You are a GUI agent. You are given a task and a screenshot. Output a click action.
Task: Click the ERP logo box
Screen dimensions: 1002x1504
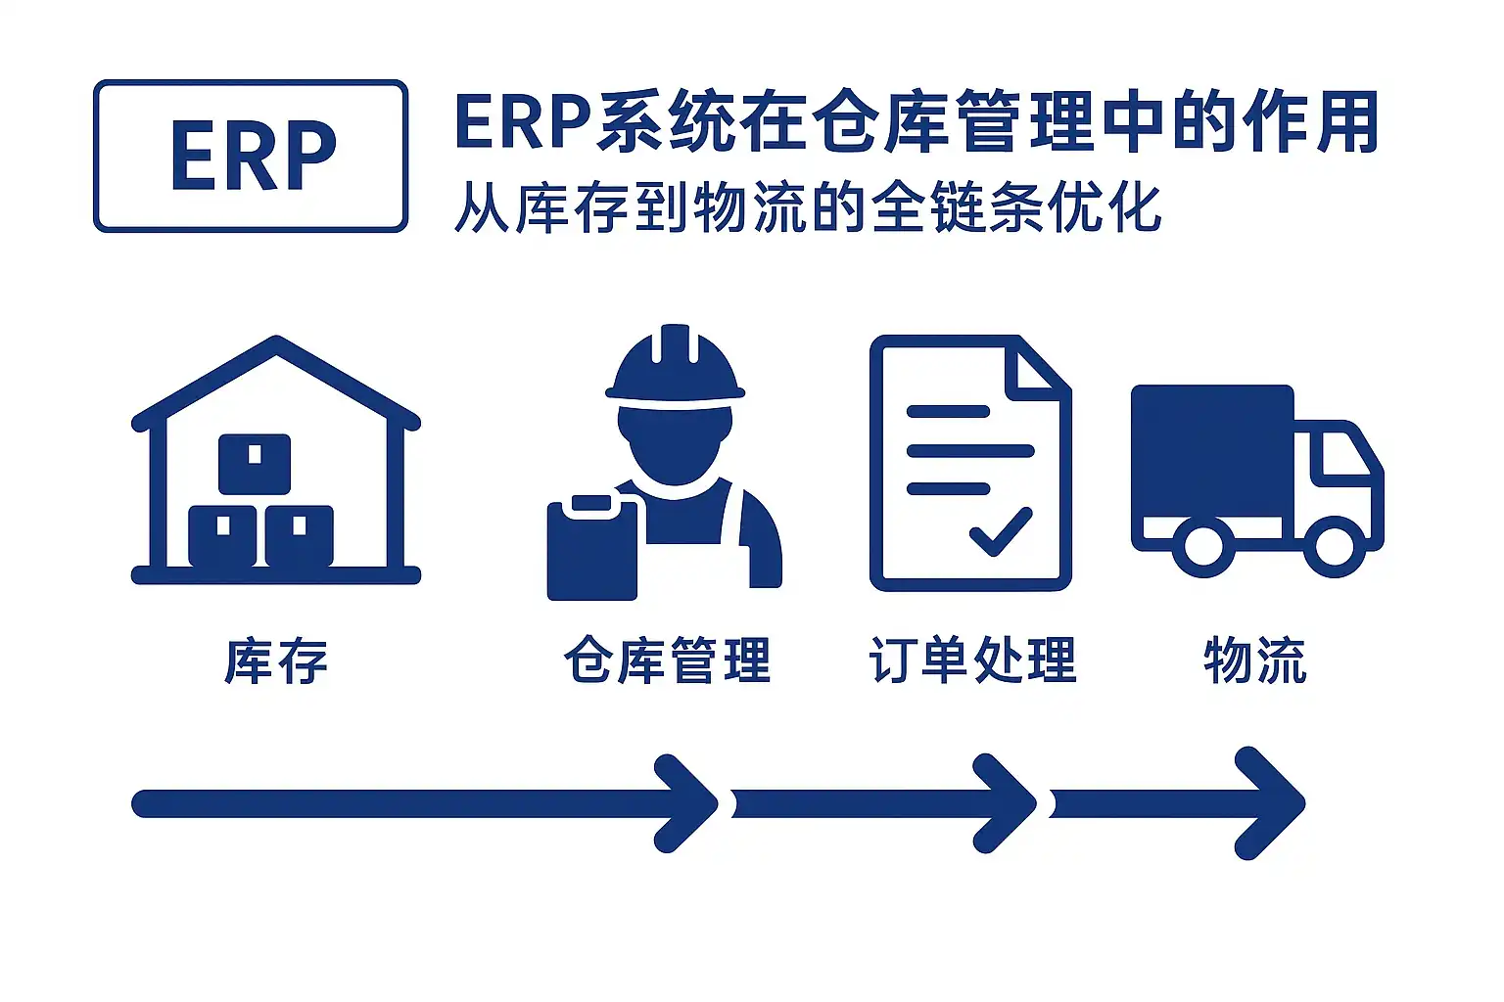tap(251, 157)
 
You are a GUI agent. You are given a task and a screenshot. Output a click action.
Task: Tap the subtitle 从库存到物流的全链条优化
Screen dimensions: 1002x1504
tap(807, 207)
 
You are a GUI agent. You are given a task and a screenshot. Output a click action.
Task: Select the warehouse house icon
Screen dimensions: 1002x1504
tap(276, 460)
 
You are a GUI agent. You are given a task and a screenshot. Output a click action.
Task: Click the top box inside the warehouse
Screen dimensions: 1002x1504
tap(255, 462)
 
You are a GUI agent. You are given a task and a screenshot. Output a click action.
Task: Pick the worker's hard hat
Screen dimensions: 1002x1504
tap(675, 366)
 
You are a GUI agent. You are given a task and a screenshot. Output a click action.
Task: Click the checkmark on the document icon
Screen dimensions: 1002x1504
tap(1001, 531)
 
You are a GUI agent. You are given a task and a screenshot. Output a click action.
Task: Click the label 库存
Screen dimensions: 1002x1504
tap(276, 660)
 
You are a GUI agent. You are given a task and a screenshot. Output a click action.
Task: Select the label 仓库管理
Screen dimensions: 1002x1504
tap(668, 660)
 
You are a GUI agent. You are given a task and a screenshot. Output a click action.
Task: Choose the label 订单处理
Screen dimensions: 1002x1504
tap(972, 660)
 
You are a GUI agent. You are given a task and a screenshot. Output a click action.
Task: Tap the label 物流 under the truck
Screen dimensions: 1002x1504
tap(1255, 660)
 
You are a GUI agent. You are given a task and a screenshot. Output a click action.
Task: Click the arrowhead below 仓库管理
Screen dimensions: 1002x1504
tap(691, 803)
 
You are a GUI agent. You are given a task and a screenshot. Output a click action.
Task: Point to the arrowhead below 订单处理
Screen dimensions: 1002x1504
tap(1009, 803)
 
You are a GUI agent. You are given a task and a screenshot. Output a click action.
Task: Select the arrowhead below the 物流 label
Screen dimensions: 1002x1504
tap(1273, 803)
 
